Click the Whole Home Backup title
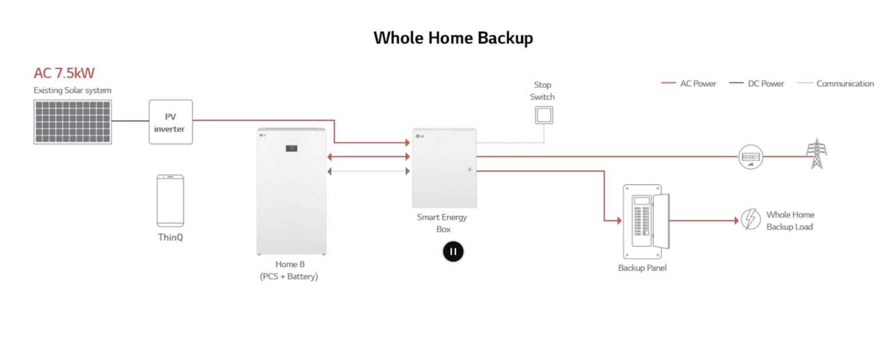tap(453, 38)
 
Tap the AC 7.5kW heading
tap(64, 73)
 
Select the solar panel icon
tap(73, 122)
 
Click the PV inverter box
tap(171, 122)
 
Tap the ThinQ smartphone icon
tap(171, 201)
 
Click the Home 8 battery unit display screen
tap(292, 149)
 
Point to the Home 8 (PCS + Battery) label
tap(288, 270)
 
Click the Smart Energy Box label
tap(442, 223)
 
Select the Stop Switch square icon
tap(544, 116)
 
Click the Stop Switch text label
tap(543, 90)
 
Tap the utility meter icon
tap(750, 157)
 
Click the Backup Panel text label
tap(642, 268)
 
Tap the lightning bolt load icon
tap(750, 220)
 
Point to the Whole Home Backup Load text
tap(790, 220)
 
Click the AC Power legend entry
tap(689, 84)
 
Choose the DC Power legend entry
tap(757, 84)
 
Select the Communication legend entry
tap(836, 84)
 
